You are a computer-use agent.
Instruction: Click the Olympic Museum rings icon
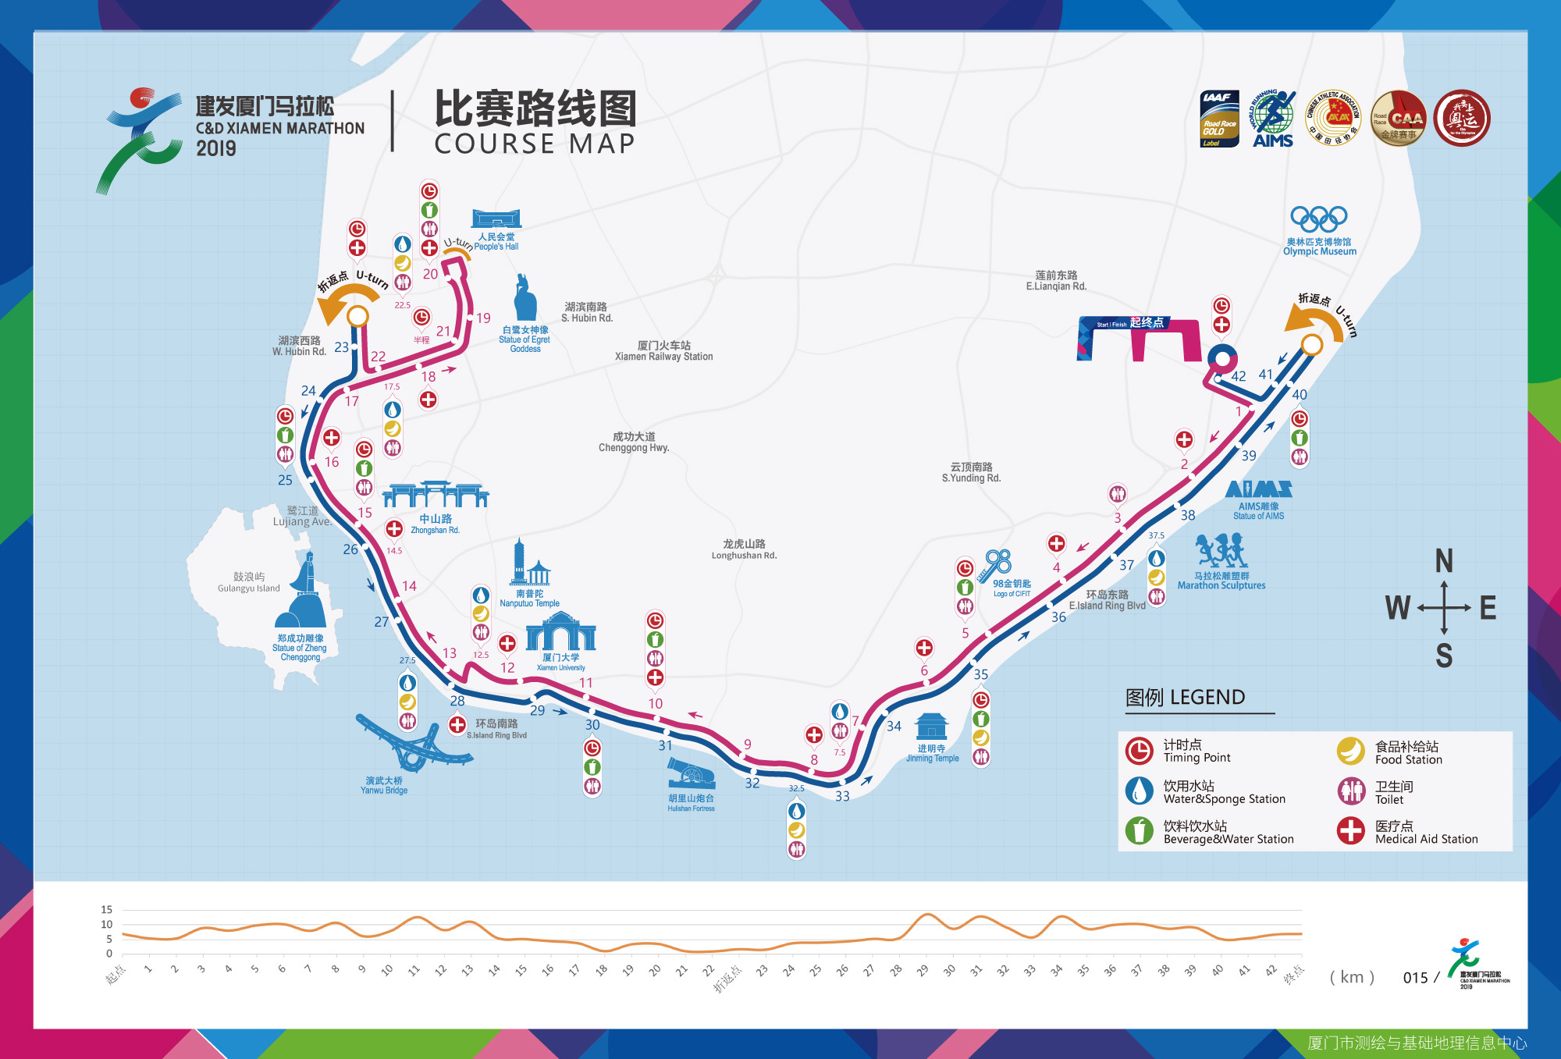1318,218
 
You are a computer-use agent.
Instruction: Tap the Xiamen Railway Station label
663,351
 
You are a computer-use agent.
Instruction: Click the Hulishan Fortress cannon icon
691,775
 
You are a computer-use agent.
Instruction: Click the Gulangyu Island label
248,582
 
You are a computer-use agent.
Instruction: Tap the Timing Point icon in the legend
1139,751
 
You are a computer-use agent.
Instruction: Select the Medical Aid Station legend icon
1351,831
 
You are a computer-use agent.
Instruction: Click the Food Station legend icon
1351,751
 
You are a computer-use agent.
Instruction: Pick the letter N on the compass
1444,561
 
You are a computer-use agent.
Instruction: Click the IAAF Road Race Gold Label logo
1219,119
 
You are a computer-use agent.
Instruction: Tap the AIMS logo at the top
1273,119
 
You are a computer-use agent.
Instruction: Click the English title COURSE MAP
535,144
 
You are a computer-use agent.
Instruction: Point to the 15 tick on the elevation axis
107,909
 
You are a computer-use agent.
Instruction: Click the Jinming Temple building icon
931,726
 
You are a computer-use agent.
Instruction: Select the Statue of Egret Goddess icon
525,297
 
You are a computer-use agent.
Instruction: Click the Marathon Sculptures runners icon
1221,551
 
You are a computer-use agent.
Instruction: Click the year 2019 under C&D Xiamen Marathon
216,148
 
